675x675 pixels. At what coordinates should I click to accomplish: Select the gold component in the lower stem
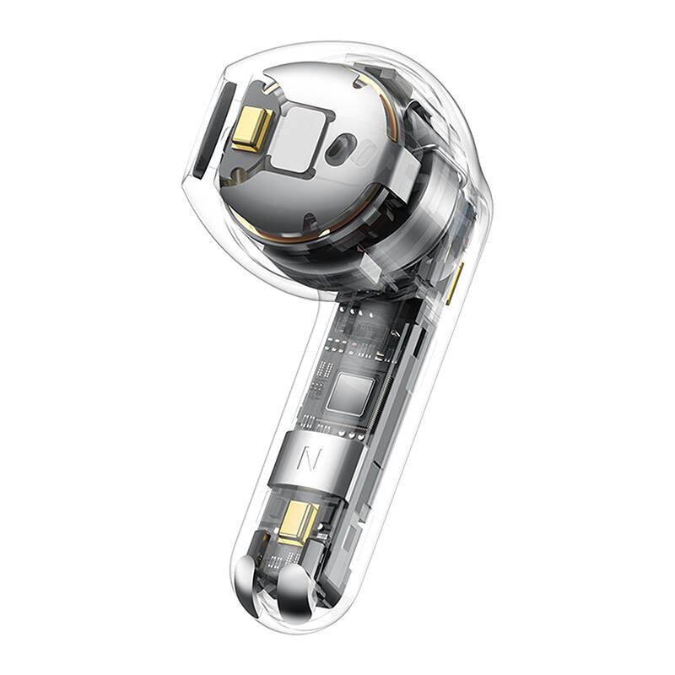tap(301, 521)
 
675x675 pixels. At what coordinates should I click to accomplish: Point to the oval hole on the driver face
tap(340, 148)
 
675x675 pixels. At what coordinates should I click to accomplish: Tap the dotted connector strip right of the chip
tap(386, 397)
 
